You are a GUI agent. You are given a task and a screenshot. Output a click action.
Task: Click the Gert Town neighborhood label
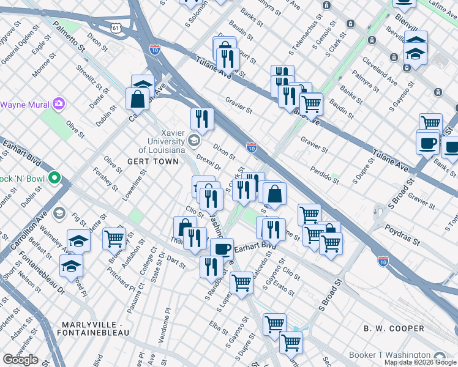tap(152, 161)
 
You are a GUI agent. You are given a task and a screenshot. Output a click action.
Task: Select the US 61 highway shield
tap(116, 28)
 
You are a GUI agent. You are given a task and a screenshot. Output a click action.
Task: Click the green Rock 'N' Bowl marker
tap(54, 179)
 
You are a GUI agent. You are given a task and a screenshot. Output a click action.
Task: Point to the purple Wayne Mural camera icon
tap(59, 104)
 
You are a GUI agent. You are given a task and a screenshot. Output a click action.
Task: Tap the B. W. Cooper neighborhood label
tap(394, 328)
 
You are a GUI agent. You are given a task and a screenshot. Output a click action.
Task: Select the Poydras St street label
tap(402, 234)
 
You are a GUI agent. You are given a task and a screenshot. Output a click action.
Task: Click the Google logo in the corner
tap(20, 360)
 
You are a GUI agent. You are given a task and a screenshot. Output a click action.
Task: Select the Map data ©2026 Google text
tap(421, 362)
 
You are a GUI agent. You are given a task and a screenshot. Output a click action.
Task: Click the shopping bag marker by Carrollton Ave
tap(137, 99)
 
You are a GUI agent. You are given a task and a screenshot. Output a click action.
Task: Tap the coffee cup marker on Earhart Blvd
tap(222, 249)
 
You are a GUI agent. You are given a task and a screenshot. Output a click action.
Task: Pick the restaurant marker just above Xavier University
tap(201, 118)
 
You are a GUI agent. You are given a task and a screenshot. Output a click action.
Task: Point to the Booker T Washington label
tap(389, 355)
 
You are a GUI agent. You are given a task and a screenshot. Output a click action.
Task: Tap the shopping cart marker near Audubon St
tap(114, 239)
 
